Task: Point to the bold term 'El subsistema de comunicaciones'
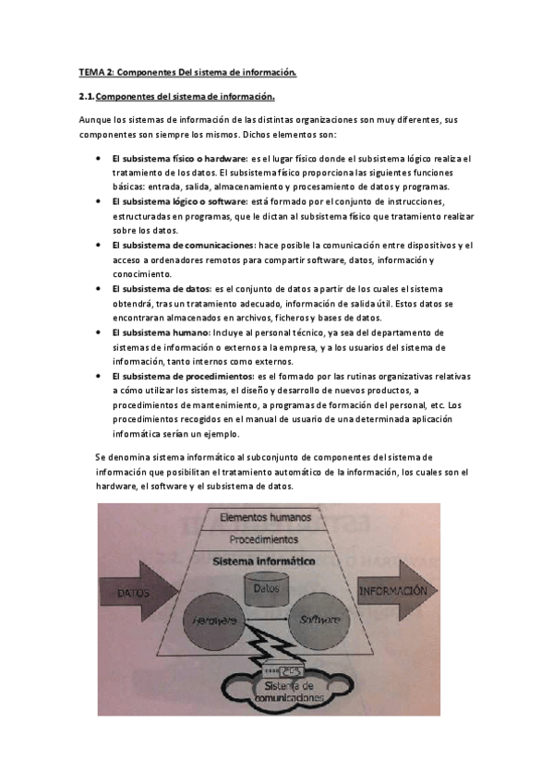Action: pos(182,245)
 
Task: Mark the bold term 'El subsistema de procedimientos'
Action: pos(182,376)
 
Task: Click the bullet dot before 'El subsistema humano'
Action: pos(98,332)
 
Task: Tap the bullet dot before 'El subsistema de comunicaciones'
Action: pos(98,246)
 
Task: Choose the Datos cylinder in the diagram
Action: pos(266,587)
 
